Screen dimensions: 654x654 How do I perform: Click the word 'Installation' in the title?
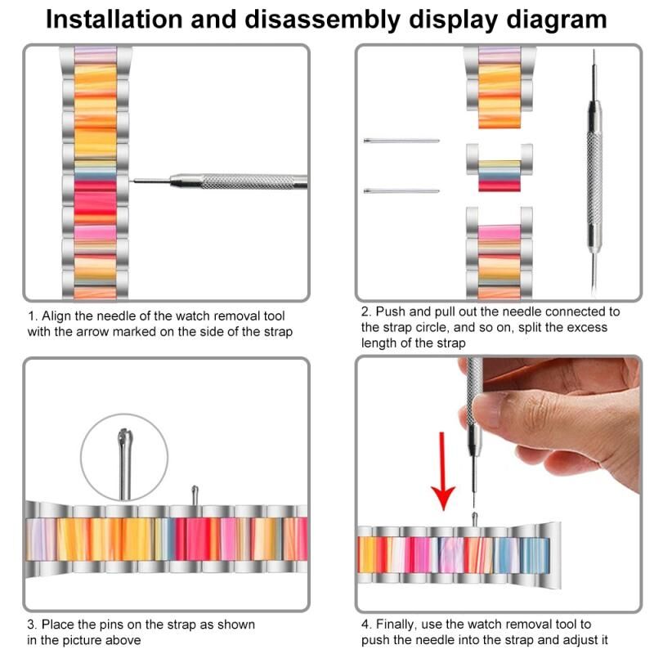click(x=114, y=19)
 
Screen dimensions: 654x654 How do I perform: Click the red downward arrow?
click(x=443, y=472)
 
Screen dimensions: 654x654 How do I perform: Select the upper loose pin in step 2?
click(x=401, y=141)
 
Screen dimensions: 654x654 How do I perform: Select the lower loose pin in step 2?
click(x=401, y=191)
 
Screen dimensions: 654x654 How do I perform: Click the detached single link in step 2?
click(x=499, y=168)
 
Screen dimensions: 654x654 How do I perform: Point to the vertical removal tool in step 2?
click(x=594, y=172)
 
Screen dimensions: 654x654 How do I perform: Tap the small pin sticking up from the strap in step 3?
click(x=195, y=496)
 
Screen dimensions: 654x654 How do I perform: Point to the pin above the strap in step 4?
click(x=474, y=519)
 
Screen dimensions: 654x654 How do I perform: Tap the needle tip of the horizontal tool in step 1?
click(x=131, y=181)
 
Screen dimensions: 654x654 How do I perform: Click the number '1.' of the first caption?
click(x=33, y=316)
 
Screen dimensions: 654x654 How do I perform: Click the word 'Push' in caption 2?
click(x=391, y=311)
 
